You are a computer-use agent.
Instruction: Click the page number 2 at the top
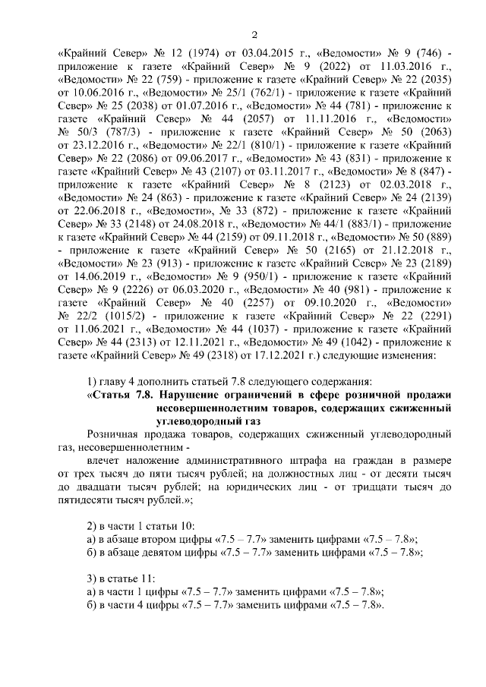(255, 35)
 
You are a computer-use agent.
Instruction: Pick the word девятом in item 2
(171, 552)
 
